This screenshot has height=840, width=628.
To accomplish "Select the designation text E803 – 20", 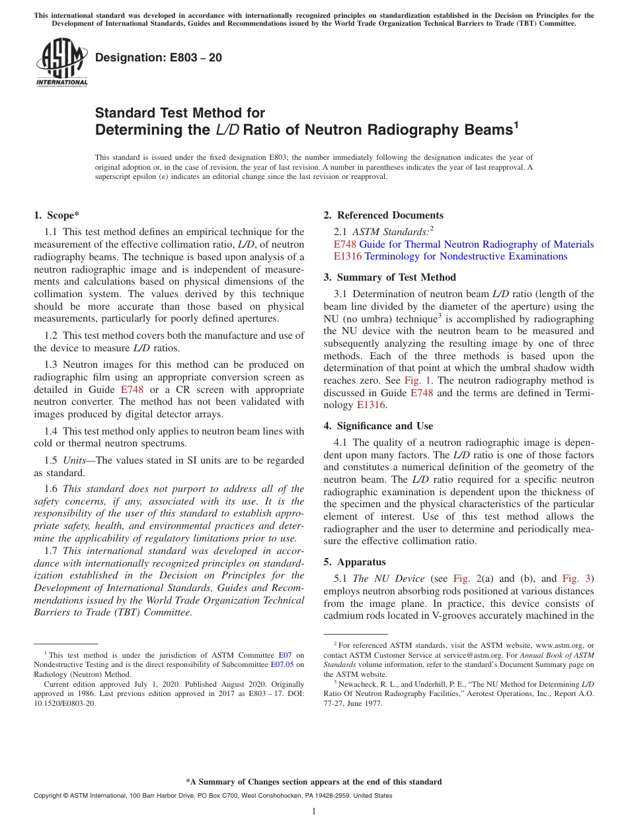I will click(158, 58).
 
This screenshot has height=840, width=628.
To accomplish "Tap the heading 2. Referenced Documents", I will click(383, 215).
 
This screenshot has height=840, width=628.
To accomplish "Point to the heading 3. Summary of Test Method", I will click(389, 277).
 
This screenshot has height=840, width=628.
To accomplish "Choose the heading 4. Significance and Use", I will click(378, 426).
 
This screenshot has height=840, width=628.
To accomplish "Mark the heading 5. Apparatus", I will click(354, 563).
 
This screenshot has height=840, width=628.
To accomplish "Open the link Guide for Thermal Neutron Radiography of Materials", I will click(476, 244).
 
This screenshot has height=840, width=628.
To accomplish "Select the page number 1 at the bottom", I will click(314, 811).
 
